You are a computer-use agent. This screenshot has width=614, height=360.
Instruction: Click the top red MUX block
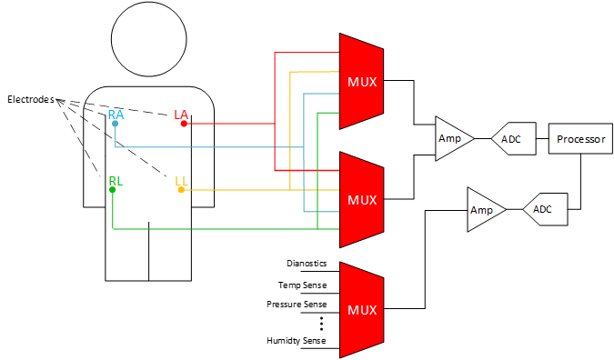pyautogui.click(x=360, y=82)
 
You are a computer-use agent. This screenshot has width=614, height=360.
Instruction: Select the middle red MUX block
pyautogui.click(x=360, y=199)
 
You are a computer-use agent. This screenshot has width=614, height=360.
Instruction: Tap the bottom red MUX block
pyautogui.click(x=360, y=309)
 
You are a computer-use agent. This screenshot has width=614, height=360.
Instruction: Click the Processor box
pyautogui.click(x=580, y=139)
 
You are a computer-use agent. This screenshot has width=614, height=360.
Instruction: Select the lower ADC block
pyautogui.click(x=546, y=209)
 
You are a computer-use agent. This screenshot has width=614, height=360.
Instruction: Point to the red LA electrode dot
pyautogui.click(x=184, y=124)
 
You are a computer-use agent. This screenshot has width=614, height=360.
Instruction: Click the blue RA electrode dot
pyautogui.click(x=115, y=124)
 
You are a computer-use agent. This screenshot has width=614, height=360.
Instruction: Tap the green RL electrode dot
pyautogui.click(x=112, y=190)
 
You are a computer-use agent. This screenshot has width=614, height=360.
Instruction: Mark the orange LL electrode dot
pyautogui.click(x=181, y=190)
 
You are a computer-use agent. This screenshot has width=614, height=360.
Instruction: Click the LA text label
pyautogui.click(x=181, y=114)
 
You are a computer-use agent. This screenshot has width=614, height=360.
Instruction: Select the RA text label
pyautogui.click(x=116, y=115)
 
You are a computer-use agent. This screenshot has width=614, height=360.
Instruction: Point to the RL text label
pyautogui.click(x=116, y=181)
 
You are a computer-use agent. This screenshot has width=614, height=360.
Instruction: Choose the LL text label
pyautogui.click(x=181, y=181)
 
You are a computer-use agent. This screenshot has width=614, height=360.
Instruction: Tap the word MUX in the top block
pyautogui.click(x=362, y=82)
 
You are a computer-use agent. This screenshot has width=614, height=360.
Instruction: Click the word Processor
pyautogui.click(x=580, y=139)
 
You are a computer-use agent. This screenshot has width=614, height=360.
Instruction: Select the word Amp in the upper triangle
pyautogui.click(x=450, y=139)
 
